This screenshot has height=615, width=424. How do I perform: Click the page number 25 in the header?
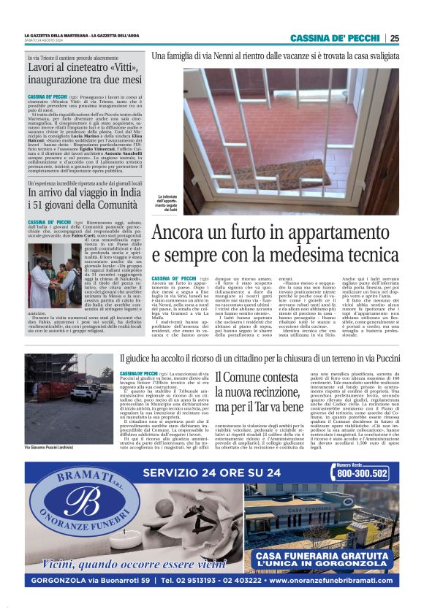click(394, 39)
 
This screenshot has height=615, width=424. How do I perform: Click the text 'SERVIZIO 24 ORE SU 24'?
click(212, 473)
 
